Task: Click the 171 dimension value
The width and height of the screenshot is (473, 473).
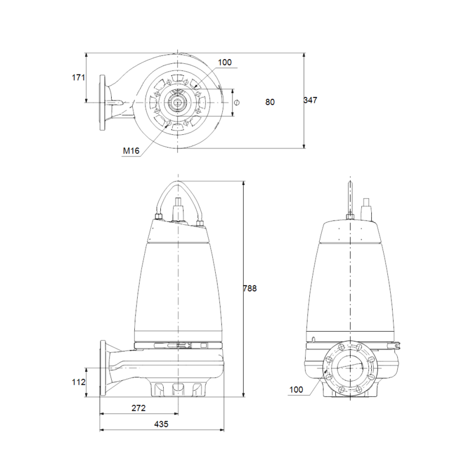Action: (78, 77)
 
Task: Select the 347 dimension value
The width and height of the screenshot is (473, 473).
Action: (310, 100)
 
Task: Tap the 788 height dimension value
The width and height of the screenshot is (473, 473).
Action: (250, 289)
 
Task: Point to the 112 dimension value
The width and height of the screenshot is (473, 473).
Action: (79, 382)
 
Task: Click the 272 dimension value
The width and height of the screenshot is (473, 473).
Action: (138, 408)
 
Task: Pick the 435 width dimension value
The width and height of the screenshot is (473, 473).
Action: (161, 424)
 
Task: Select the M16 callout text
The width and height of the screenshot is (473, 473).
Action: (131, 151)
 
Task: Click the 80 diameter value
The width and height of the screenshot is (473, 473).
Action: (270, 102)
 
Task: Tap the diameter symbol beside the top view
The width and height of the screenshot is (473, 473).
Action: (237, 102)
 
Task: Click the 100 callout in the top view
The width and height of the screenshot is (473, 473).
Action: (225, 63)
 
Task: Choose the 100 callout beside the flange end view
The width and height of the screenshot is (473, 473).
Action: (296, 390)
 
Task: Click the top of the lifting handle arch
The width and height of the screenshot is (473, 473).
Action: (178, 182)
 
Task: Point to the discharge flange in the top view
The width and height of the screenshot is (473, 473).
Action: (103, 102)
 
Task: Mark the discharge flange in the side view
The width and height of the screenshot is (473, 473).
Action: (103, 368)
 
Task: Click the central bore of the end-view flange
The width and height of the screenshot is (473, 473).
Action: (350, 368)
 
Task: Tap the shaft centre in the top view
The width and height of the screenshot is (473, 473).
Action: (178, 102)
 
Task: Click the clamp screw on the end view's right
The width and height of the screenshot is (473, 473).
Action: (399, 344)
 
